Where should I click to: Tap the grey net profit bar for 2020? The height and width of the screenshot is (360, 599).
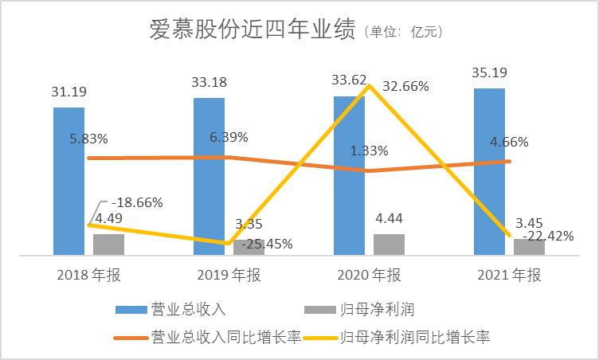click(x=389, y=245)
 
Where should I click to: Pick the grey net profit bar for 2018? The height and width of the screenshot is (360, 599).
click(x=108, y=245)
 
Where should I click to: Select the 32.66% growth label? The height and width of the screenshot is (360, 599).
click(x=405, y=87)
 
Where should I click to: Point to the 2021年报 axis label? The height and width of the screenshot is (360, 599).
click(x=508, y=276)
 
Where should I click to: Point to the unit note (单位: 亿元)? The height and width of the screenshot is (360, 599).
click(x=403, y=33)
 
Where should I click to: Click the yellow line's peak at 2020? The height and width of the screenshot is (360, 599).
click(x=369, y=85)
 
